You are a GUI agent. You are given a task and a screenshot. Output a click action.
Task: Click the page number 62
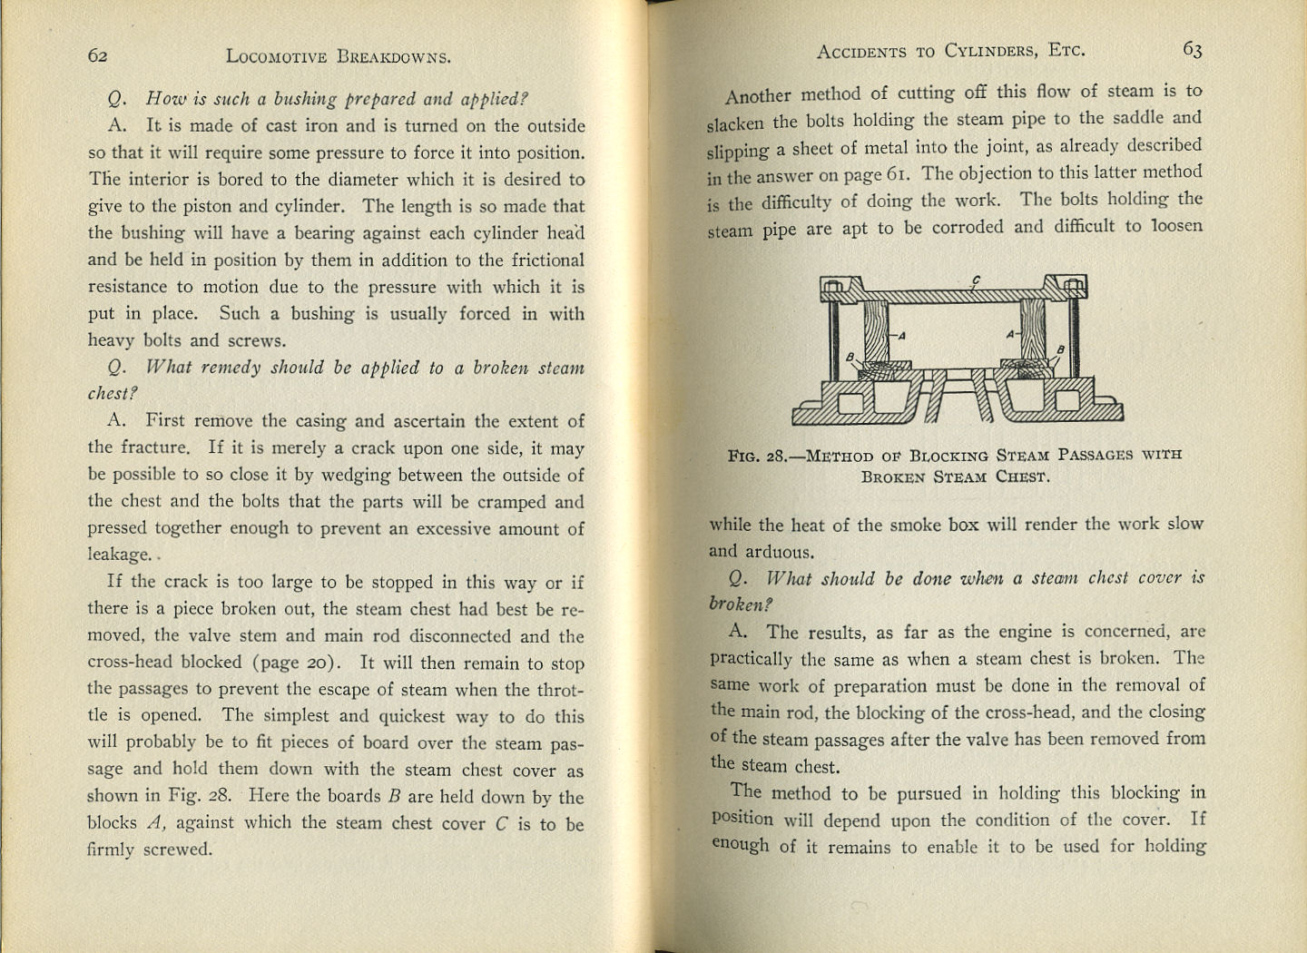98,55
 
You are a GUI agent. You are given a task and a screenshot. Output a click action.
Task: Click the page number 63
1192,50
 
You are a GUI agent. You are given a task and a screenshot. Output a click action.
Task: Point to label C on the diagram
976,280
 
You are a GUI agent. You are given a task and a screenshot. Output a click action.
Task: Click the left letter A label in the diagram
901,336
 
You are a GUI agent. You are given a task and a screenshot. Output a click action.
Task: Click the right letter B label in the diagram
1060,350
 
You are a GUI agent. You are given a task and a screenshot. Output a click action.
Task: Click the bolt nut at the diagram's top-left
833,288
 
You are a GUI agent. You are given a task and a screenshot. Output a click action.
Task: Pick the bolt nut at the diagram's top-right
1074,287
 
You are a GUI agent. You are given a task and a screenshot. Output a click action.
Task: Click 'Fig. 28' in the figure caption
759,457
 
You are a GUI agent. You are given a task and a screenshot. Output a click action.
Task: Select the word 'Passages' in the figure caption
1095,454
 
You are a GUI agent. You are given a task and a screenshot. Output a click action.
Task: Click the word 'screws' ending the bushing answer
259,341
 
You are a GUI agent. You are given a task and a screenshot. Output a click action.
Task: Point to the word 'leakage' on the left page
119,555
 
